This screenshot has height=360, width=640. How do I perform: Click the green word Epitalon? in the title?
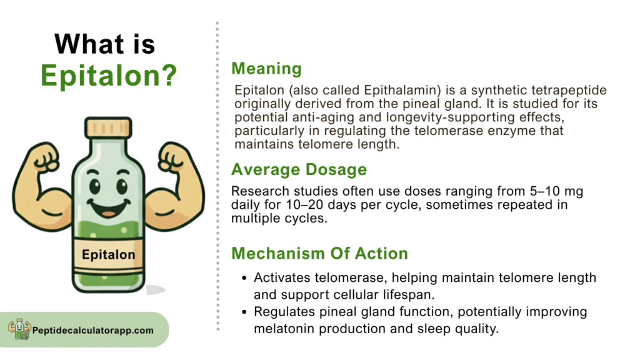coord(109,76)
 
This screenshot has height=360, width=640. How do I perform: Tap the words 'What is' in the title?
coord(105,44)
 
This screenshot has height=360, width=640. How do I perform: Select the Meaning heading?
coord(266,69)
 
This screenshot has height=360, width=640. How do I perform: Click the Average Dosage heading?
coord(299,169)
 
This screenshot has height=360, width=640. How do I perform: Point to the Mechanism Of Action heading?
coord(319,254)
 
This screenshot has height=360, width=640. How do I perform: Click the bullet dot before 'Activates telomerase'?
coord(244,278)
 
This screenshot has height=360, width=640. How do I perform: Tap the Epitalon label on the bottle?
coord(108,255)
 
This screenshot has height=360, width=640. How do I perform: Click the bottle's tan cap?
coord(108,127)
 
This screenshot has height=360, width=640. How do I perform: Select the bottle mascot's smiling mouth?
coord(108,208)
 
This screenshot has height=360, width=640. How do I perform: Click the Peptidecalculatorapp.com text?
coord(93,330)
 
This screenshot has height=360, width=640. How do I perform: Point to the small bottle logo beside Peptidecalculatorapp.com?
coord(19,329)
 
